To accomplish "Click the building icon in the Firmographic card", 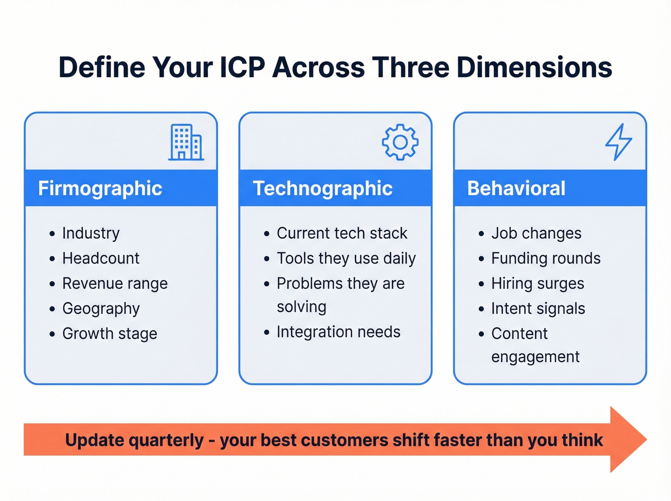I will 186,142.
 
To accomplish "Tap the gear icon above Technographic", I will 400,142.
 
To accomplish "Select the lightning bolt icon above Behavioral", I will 618,142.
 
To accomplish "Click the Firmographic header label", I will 100,188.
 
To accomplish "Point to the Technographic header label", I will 323,188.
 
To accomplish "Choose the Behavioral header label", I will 516,188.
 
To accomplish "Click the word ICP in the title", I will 242,67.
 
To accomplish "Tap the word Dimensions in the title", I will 534,67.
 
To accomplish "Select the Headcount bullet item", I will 101,258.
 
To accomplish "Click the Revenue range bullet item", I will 115,283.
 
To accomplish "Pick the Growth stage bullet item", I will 110,334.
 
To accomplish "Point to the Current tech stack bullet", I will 342,233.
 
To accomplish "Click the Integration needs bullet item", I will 338,332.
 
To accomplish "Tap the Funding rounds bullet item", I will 545,258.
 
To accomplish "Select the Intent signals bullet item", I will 538,309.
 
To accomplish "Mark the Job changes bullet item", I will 536,233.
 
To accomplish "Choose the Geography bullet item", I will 101,309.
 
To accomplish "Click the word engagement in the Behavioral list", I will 535,357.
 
